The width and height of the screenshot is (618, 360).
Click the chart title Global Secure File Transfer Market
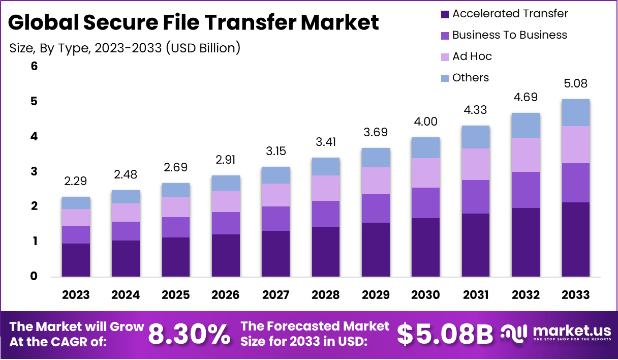(x=194, y=22)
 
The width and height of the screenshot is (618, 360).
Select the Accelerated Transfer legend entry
(x=510, y=14)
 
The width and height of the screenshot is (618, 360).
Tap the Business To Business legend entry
(x=509, y=35)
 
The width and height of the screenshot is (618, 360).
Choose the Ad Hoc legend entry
(x=472, y=56)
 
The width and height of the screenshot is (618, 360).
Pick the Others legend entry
(x=470, y=78)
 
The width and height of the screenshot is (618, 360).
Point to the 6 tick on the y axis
(x=34, y=67)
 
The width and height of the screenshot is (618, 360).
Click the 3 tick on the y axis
(x=34, y=172)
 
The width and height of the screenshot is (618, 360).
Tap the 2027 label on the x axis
(x=275, y=295)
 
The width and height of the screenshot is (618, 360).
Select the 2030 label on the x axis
(x=426, y=295)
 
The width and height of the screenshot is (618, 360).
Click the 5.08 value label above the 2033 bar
(x=576, y=83)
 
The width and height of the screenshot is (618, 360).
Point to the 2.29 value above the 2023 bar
(x=76, y=181)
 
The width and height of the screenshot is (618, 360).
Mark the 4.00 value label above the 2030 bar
(x=426, y=122)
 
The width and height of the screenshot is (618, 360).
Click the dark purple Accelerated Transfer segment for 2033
(x=576, y=239)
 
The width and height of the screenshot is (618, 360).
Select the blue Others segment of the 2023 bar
(x=76, y=203)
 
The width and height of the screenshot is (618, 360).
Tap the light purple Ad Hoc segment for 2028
(x=326, y=188)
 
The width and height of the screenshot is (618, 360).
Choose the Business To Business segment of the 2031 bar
(x=476, y=197)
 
